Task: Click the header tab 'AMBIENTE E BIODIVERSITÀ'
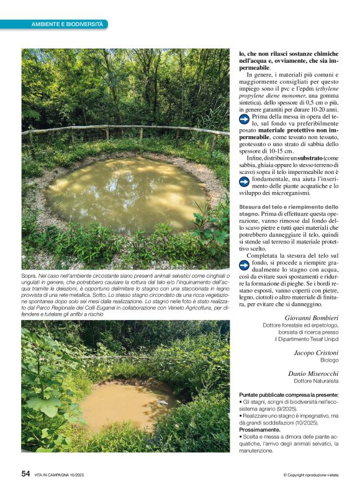pyautogui.click(x=67, y=24)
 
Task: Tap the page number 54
pyautogui.click(x=25, y=473)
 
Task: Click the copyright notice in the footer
pyautogui.click(x=310, y=475)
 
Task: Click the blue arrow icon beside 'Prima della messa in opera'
pyautogui.click(x=245, y=117)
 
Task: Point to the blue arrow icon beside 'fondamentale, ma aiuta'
pyautogui.click(x=245, y=181)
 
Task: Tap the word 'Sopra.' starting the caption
pyautogui.click(x=29, y=275)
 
